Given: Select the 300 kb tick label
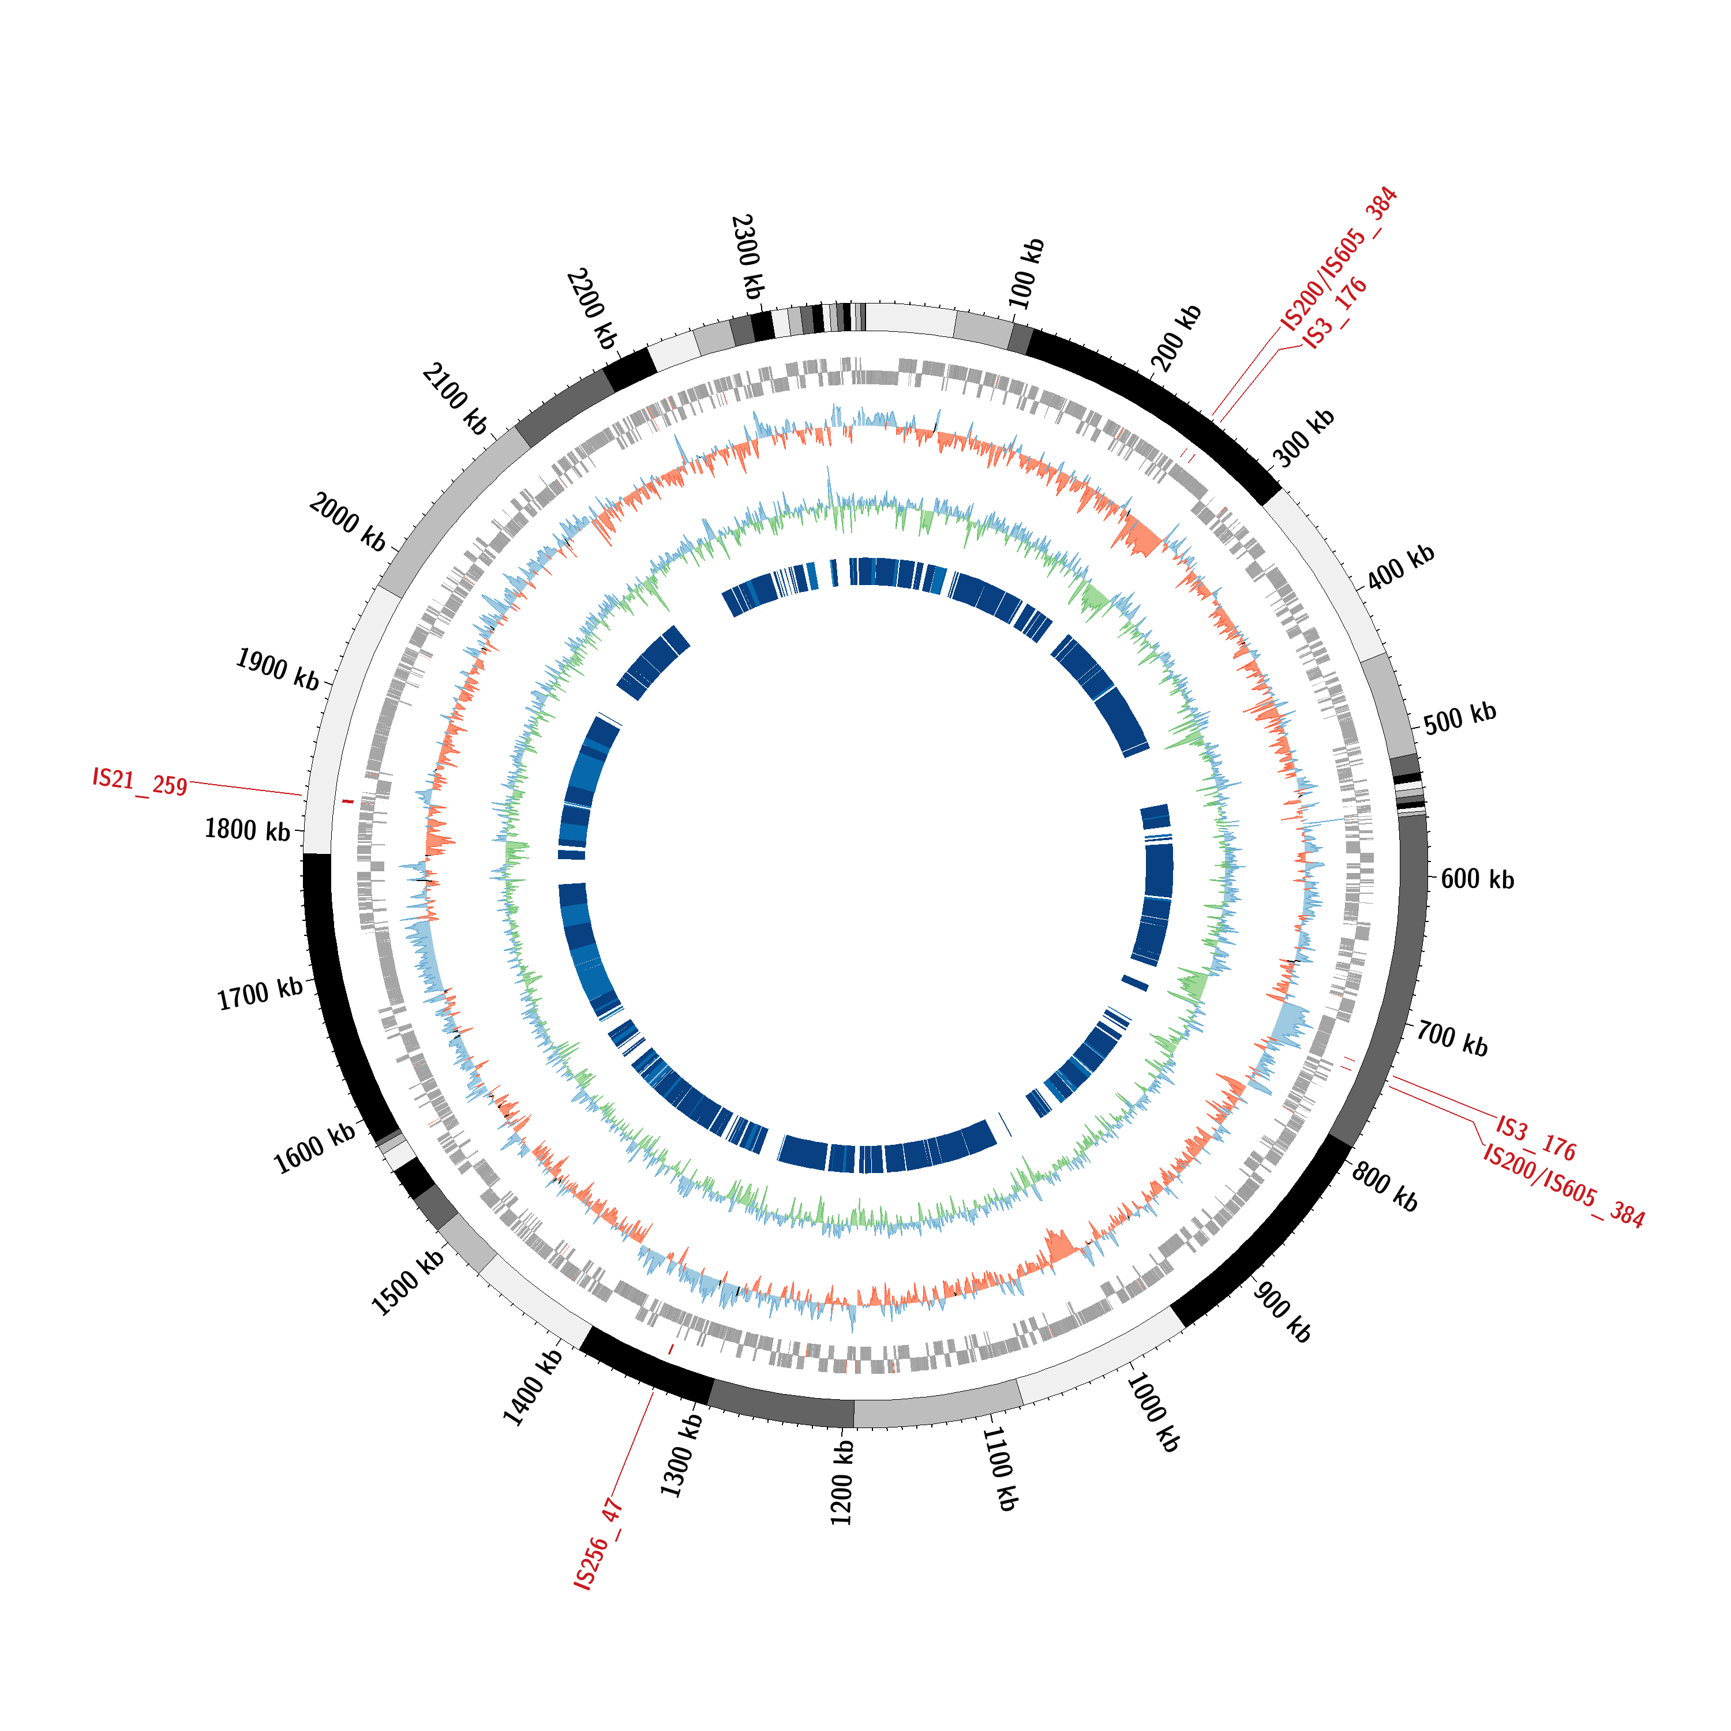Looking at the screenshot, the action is tap(1303, 438).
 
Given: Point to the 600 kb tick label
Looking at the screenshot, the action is tap(1478, 879).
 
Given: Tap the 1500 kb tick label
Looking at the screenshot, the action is tap(409, 1282).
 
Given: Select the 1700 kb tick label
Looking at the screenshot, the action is tap(261, 994).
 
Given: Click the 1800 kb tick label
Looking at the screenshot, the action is tap(248, 830).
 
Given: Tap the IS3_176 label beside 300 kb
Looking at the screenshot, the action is tap(1335, 313).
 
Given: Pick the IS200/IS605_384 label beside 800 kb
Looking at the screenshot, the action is tap(1564, 1185).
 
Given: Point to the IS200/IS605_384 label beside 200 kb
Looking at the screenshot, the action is tap(1339, 259).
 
